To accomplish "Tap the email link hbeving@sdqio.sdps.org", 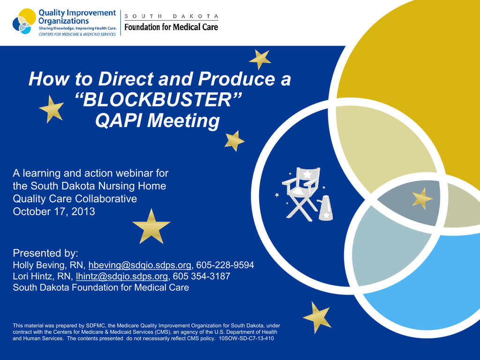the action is pyautogui.click(x=140, y=265).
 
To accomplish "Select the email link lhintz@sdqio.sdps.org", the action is pyautogui.click(x=122, y=277).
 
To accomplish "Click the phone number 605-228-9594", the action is pyautogui.click(x=225, y=265).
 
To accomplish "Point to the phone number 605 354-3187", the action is pyautogui.click(x=202, y=277).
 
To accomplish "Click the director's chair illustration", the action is pyautogui.click(x=301, y=194).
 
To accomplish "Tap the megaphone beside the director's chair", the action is pyautogui.click(x=325, y=208).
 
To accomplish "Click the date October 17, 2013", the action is pyautogui.click(x=54, y=211).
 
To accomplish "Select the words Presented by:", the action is pyautogui.click(x=45, y=253).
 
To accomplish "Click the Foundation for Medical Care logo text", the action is pyautogui.click(x=171, y=27).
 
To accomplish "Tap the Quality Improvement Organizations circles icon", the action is pyautogui.click(x=24, y=21).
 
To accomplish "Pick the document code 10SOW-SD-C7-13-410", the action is pyautogui.click(x=247, y=338).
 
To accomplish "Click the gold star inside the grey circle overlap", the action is pyautogui.click(x=422, y=199).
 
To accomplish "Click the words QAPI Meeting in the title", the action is pyautogui.click(x=157, y=120).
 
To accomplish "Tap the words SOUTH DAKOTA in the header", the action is pyautogui.click(x=171, y=16).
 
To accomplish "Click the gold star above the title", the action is pyautogui.click(x=260, y=60).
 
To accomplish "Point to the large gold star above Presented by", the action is pyautogui.click(x=151, y=227).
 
